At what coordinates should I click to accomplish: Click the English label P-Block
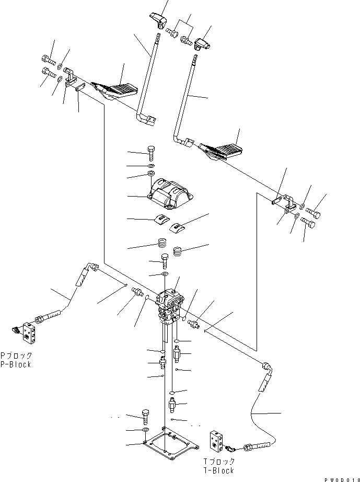16,364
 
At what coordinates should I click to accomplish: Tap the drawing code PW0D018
339,478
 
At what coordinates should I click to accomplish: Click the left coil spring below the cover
163,244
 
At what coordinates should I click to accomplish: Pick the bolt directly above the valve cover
151,153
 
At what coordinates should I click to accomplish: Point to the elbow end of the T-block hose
266,369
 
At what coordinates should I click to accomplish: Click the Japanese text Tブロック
220,462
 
